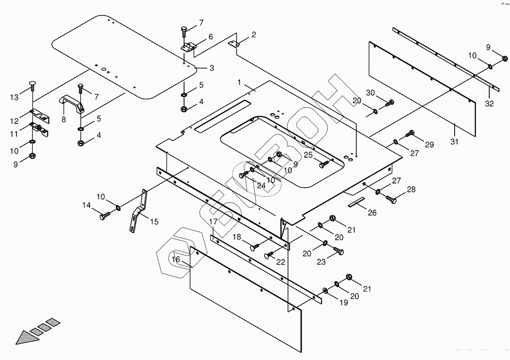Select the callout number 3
[x=211, y=68]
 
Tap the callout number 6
[x=211, y=37]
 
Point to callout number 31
[x=454, y=142]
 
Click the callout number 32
[x=489, y=104]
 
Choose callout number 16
[x=176, y=259]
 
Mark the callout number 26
[x=372, y=213]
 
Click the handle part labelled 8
[x=72, y=103]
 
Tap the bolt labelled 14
[x=106, y=214]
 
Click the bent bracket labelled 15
[x=138, y=212]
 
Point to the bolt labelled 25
[x=323, y=165]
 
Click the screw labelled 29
[x=409, y=133]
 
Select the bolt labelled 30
[x=390, y=104]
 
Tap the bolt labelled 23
[x=338, y=251]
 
